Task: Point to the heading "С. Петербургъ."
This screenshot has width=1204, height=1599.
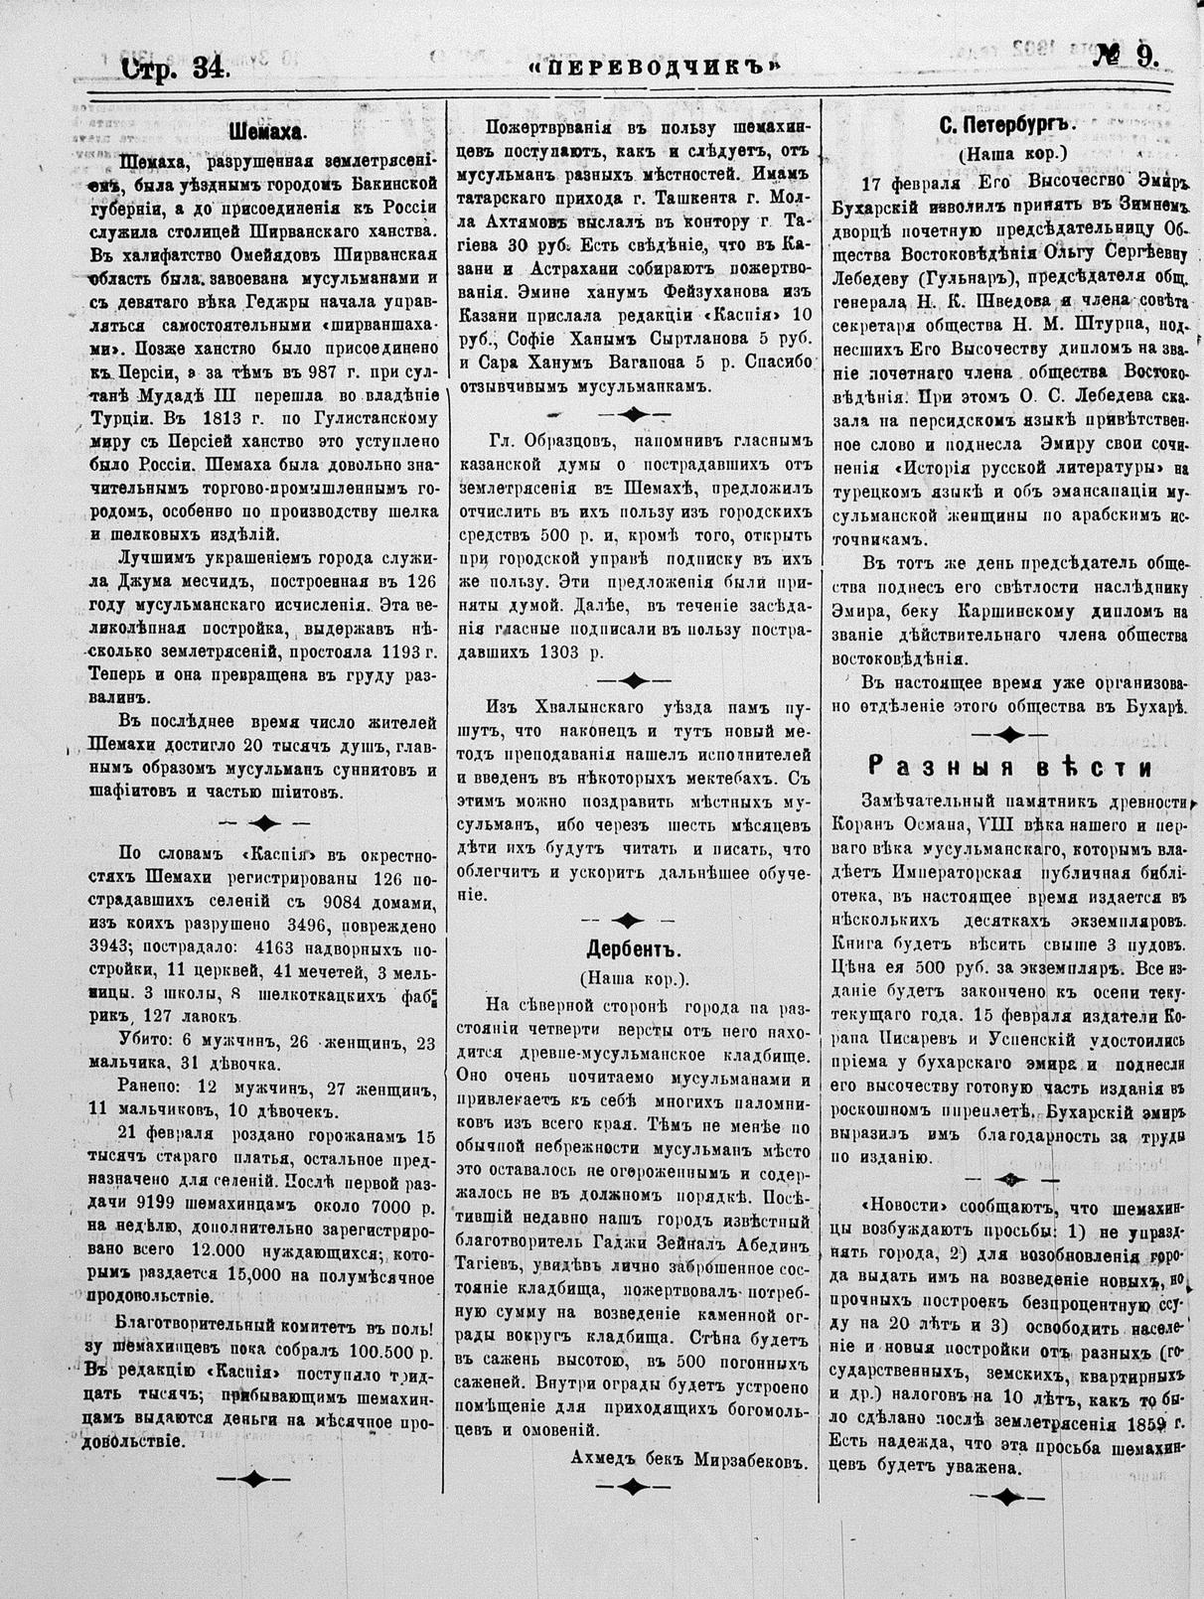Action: (x=1007, y=127)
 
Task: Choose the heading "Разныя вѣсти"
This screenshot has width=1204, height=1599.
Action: (x=1010, y=767)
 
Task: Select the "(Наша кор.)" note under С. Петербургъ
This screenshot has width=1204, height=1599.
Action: (x=1011, y=155)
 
